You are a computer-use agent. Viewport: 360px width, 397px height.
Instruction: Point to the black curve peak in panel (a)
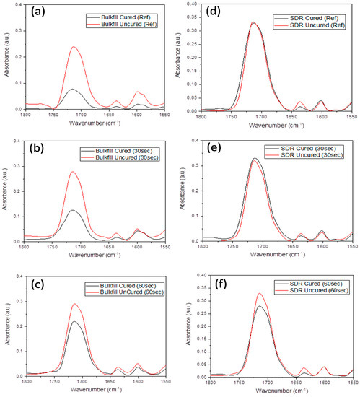[72, 90]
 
